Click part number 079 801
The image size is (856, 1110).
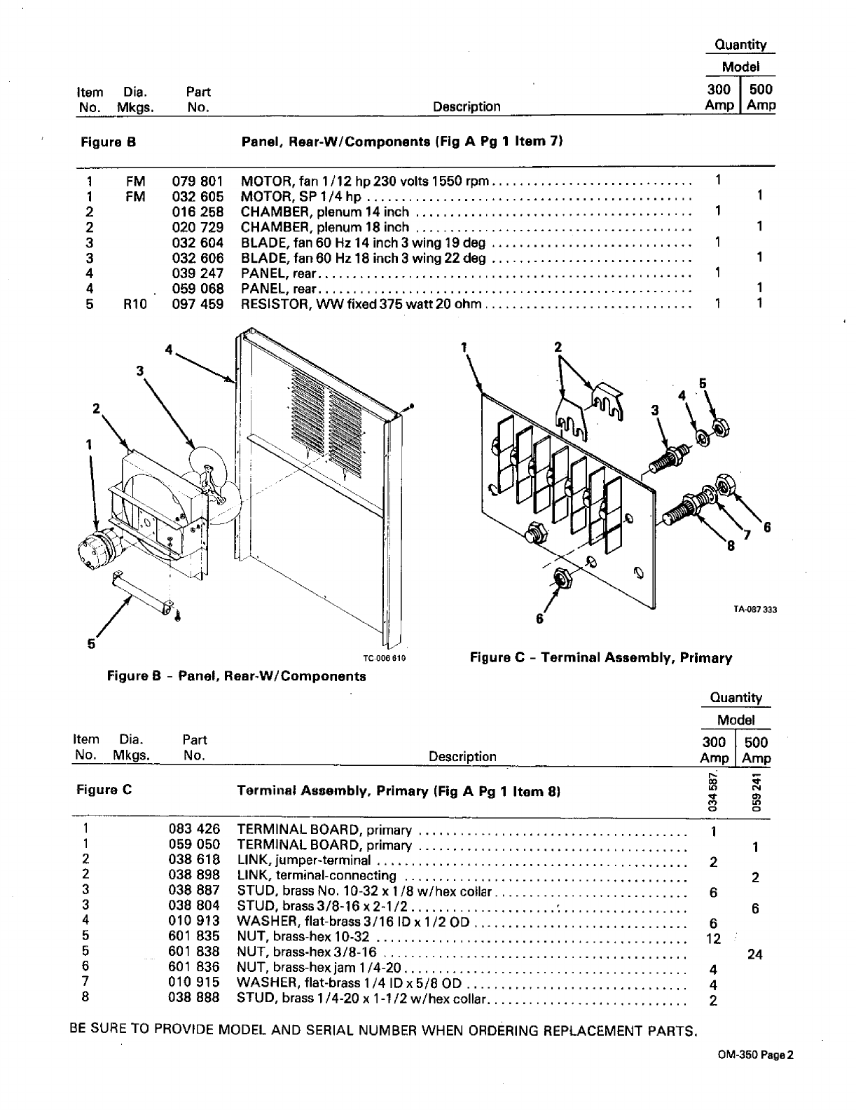[x=198, y=181]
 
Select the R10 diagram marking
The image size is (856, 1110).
[x=135, y=304]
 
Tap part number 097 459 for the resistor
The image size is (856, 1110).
[x=198, y=304]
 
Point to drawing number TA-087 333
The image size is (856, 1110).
[x=755, y=609]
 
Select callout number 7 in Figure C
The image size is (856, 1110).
[x=747, y=535]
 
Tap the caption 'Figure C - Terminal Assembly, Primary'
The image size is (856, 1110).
[x=600, y=657]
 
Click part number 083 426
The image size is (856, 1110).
[x=194, y=830]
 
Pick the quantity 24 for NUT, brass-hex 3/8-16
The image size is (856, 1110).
[x=754, y=954]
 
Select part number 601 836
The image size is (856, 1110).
[x=194, y=967]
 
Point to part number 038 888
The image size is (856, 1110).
[x=194, y=998]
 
